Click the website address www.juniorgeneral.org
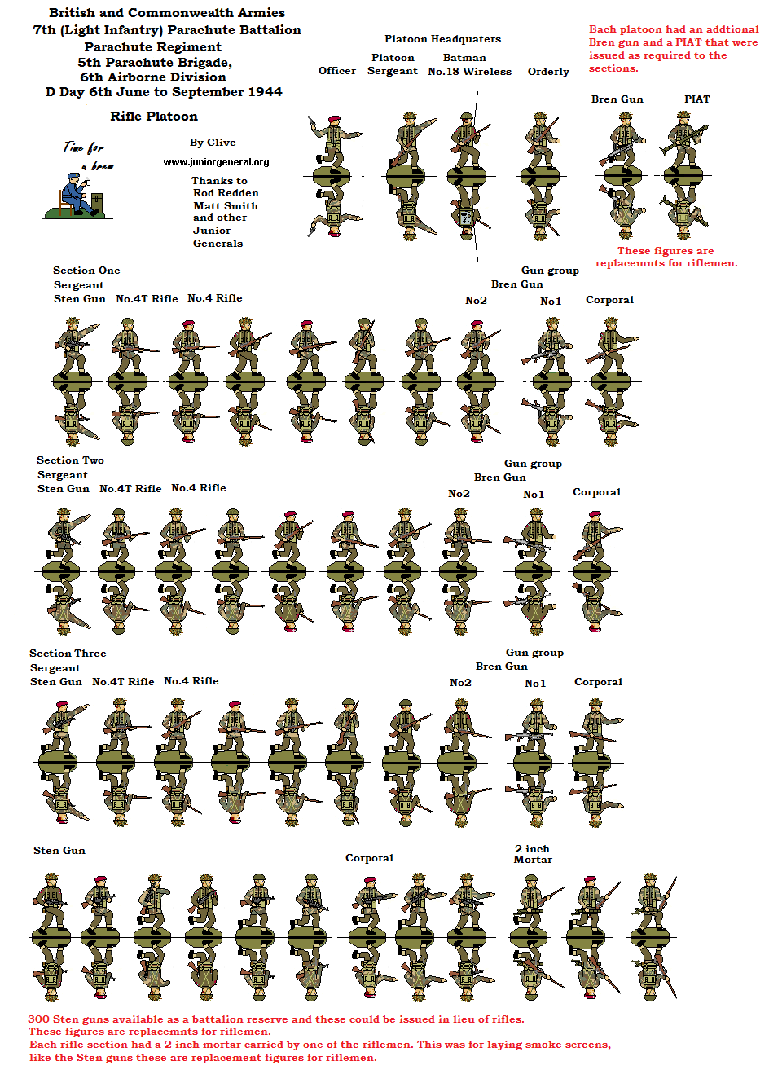[216, 161]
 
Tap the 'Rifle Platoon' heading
[154, 116]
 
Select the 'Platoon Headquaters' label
[442, 39]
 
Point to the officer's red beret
[334, 118]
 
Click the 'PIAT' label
[697, 99]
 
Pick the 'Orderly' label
[548, 72]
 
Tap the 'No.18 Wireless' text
[470, 72]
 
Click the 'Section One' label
[86, 270]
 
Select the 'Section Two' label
[71, 460]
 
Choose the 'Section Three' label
[68, 653]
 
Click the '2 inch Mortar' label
[533, 854]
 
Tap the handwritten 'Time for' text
[84, 147]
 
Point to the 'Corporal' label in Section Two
[597, 492]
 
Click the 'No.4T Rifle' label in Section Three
[123, 682]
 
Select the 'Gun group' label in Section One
[551, 271]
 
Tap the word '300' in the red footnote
[38, 1019]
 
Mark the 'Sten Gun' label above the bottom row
[59, 850]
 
